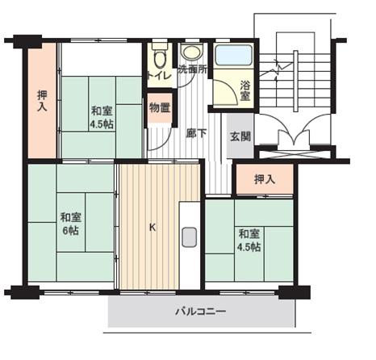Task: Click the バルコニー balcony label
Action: tap(201, 311)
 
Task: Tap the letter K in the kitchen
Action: tap(152, 227)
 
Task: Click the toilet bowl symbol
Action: tap(159, 58)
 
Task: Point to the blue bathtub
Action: tap(235, 55)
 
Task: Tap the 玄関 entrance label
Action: tap(239, 136)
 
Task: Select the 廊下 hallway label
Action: tap(194, 135)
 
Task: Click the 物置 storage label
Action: tap(160, 106)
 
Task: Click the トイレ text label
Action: tap(158, 78)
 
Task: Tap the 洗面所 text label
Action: tap(192, 69)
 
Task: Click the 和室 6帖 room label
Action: tap(69, 223)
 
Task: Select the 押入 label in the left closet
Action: tap(42, 100)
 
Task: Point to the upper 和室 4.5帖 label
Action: tap(101, 118)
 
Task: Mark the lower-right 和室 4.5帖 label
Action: tap(248, 240)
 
